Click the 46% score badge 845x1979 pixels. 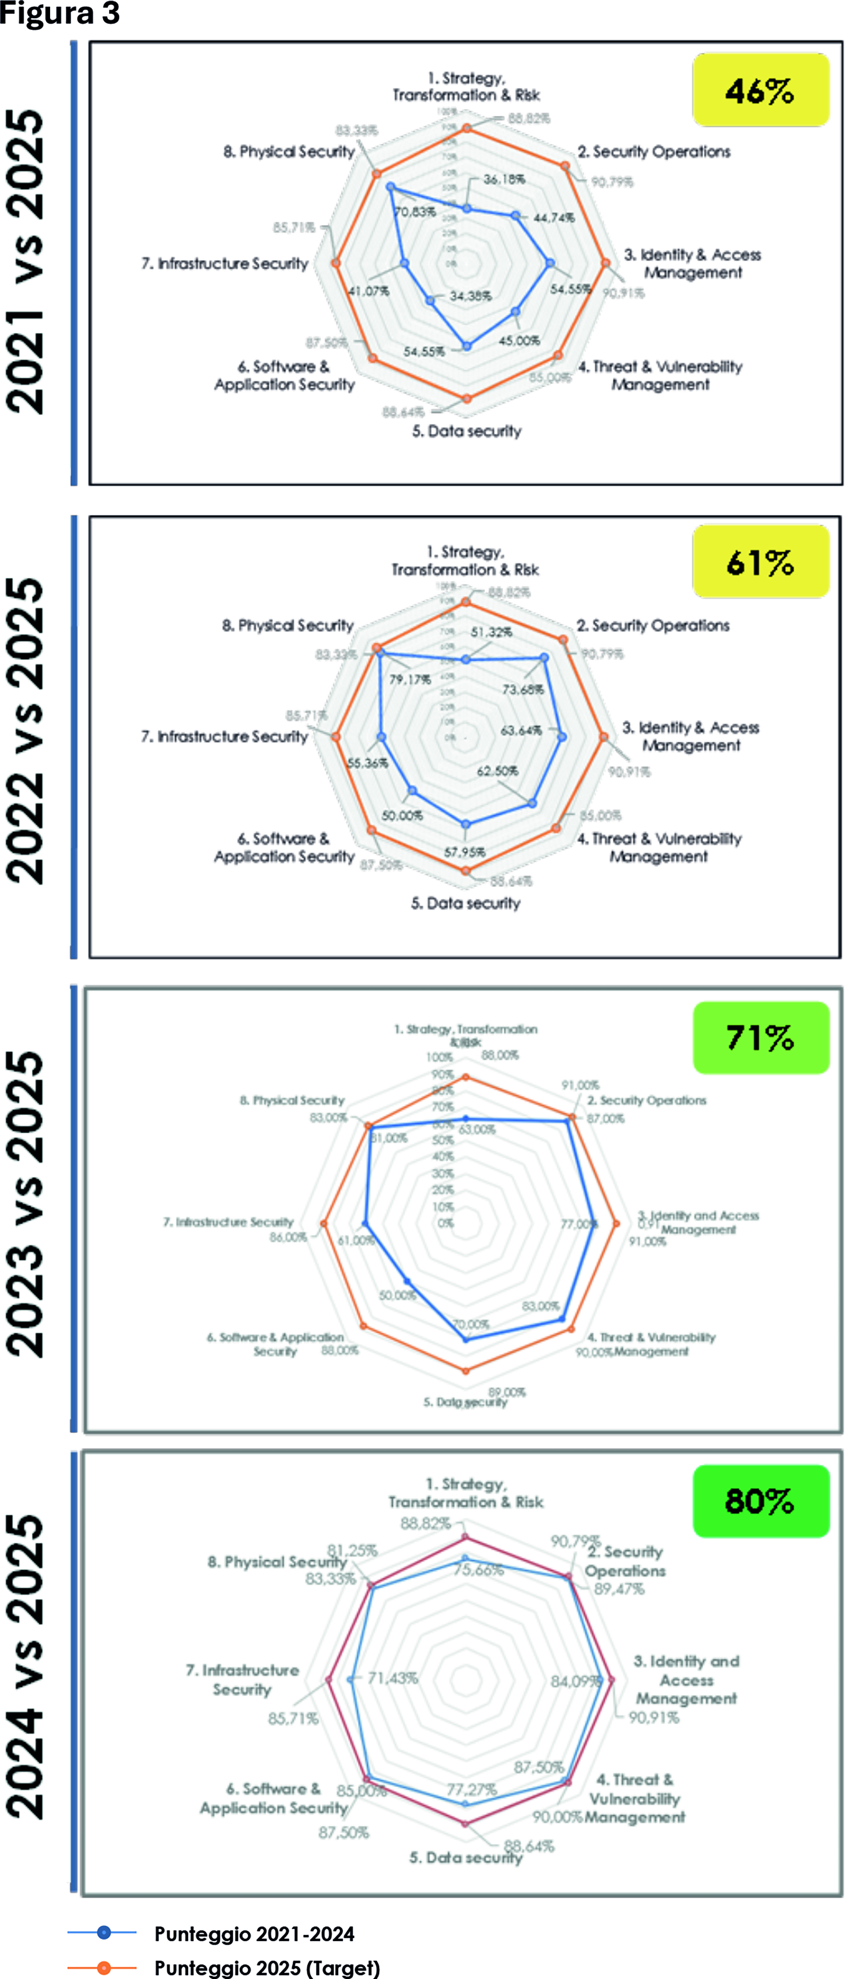(760, 90)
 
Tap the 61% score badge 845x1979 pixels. (760, 562)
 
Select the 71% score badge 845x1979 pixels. (760, 1037)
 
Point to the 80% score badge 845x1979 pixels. (760, 1501)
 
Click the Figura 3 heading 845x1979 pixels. (60, 13)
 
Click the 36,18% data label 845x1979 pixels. (504, 179)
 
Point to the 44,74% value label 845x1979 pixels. (554, 217)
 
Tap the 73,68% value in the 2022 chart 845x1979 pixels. (522, 689)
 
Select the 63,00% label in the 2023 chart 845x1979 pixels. (477, 1129)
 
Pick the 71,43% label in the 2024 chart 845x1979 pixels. (393, 1678)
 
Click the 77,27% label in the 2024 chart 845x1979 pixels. (472, 1789)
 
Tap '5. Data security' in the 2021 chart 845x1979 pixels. (466, 431)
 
